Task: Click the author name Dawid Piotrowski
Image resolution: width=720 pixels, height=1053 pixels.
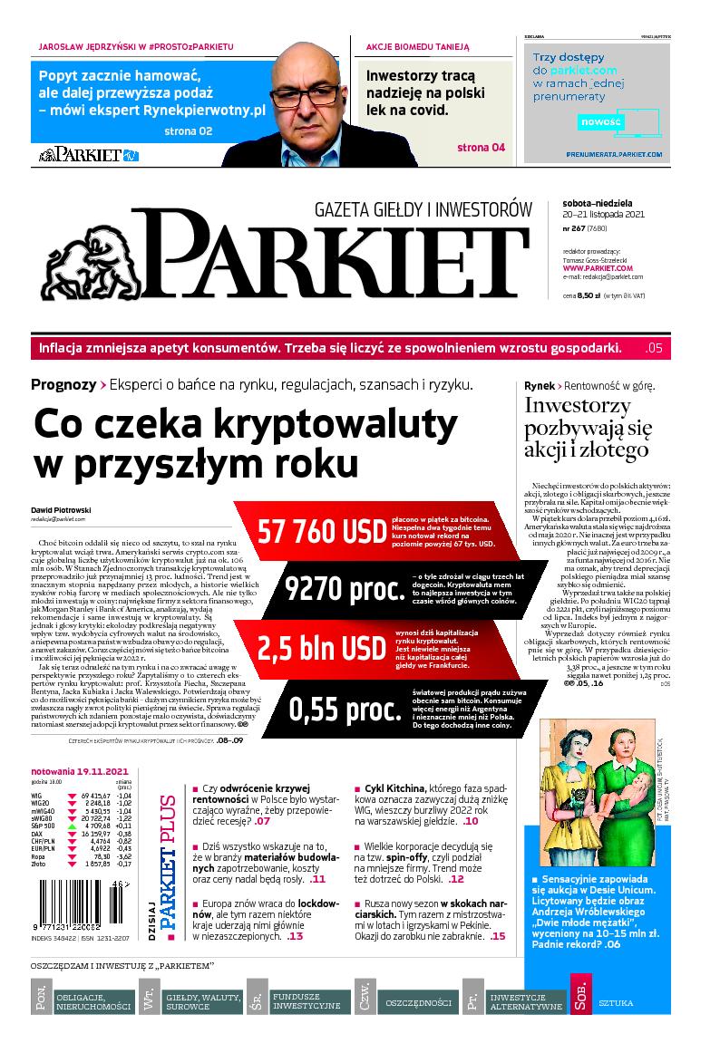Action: pos(62,509)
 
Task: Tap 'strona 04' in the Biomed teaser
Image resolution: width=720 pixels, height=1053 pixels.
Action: pos(481,148)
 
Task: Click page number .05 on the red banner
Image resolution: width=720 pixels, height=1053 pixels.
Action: pos(654,348)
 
